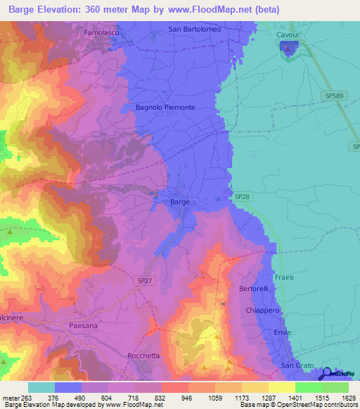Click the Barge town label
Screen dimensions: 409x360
point(180,202)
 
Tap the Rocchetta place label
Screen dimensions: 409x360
point(146,356)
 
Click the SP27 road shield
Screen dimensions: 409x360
point(144,280)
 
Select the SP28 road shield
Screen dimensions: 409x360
point(241,197)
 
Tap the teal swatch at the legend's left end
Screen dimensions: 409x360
point(41,387)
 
